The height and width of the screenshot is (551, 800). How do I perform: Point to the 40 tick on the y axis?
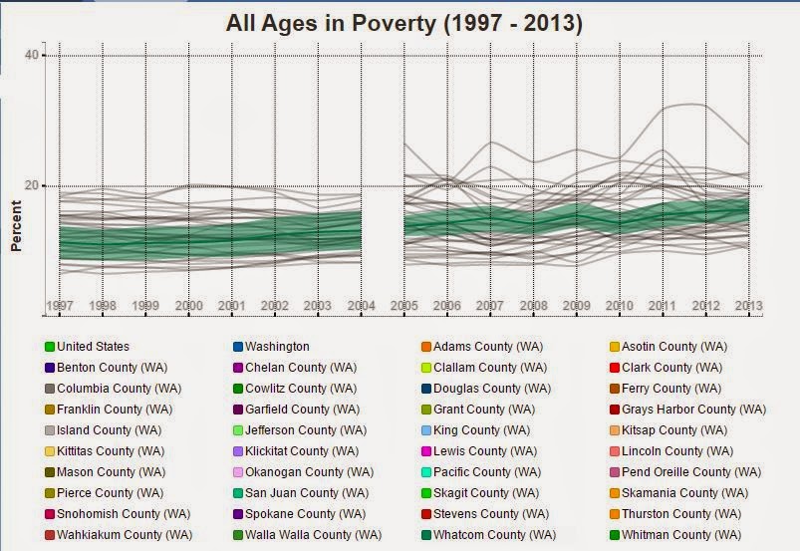[x=32, y=55]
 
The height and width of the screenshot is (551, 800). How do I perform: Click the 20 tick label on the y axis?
[x=32, y=185]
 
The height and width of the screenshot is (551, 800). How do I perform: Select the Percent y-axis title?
[x=16, y=225]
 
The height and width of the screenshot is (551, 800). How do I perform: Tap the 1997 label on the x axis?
[x=60, y=306]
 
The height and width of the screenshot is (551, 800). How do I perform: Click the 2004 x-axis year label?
[x=362, y=306]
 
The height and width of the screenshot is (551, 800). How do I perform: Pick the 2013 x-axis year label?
[x=748, y=306]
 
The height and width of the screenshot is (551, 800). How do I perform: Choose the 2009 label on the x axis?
[x=577, y=306]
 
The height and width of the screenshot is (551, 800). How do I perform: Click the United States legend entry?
[x=88, y=347]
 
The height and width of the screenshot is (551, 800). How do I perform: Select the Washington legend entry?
[x=271, y=347]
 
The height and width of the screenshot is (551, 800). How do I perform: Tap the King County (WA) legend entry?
[x=476, y=430]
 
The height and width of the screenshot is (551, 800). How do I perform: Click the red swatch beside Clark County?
[x=615, y=368]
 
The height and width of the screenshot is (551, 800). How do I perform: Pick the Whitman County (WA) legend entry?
[x=675, y=535]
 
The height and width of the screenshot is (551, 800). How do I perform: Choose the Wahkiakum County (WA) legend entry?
[x=119, y=535]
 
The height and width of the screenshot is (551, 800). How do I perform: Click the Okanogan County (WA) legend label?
[x=309, y=472]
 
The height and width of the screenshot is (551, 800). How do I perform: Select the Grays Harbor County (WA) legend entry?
[x=687, y=410]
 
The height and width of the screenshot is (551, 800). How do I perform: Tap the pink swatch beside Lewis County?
[x=426, y=451]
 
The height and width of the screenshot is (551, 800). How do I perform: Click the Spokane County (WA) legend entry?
[x=300, y=514]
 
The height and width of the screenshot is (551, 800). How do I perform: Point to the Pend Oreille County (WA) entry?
[x=685, y=472]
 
